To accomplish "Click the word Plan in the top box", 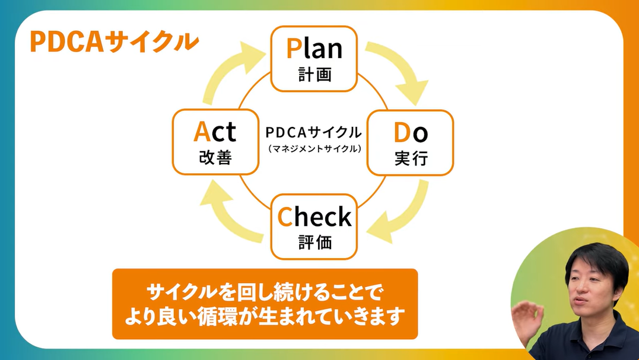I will click(x=314, y=49).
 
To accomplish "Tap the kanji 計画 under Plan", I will click(x=314, y=75).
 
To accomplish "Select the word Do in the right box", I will click(x=411, y=133).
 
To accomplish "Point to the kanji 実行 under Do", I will click(x=411, y=160).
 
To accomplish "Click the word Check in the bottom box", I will click(x=314, y=218).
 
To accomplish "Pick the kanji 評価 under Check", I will click(x=314, y=243).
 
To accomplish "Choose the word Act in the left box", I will click(x=215, y=132).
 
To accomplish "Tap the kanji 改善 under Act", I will click(x=215, y=158).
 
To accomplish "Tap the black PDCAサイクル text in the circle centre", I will click(x=314, y=132).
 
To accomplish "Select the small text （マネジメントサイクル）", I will click(x=314, y=148).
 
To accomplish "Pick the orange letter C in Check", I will click(x=285, y=218).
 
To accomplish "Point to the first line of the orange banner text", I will click(x=265, y=292).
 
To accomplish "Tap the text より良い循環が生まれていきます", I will click(x=265, y=316).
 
